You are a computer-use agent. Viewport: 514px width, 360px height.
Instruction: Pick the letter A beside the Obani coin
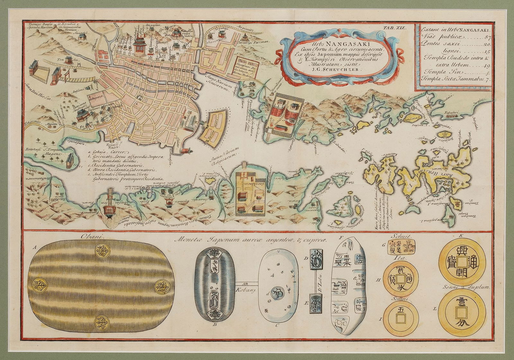pyautogui.click(x=34, y=248)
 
